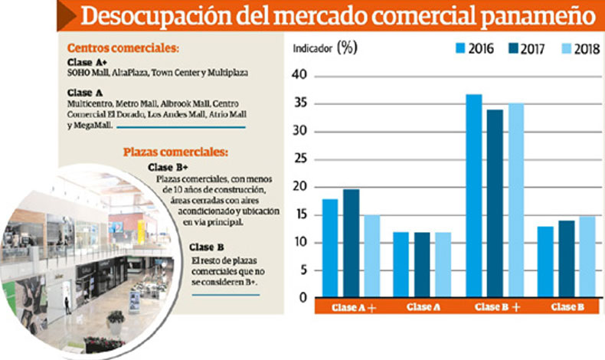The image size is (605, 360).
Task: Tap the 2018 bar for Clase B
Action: click(x=587, y=257)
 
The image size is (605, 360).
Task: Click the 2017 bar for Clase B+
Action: click(x=495, y=203)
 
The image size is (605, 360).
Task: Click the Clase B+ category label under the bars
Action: click(x=498, y=307)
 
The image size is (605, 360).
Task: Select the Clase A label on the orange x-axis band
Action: click(x=423, y=307)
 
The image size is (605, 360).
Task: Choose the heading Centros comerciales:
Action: click(x=123, y=47)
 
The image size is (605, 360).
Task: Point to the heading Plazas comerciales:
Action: click(x=175, y=152)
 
